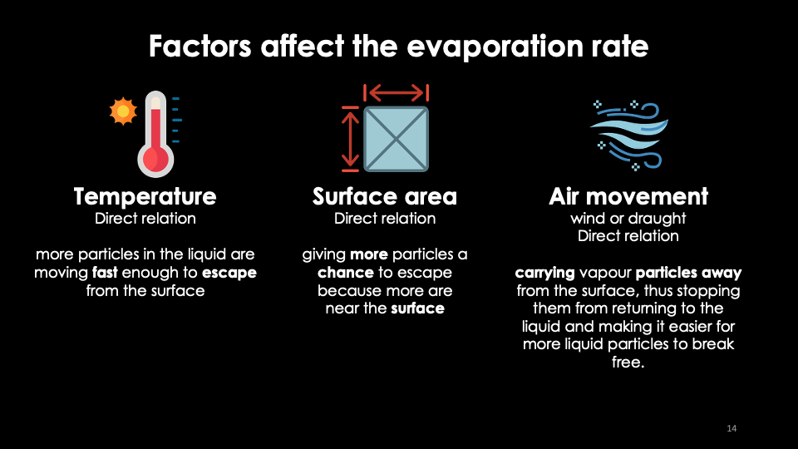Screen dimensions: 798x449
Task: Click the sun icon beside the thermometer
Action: click(x=123, y=111)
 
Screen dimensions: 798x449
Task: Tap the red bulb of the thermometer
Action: click(x=155, y=160)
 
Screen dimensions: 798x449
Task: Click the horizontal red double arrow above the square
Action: click(x=396, y=92)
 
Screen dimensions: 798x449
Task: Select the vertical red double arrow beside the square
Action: click(x=350, y=139)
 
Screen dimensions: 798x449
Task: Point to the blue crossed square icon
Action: click(x=396, y=139)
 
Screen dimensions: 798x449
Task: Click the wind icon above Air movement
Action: click(x=629, y=135)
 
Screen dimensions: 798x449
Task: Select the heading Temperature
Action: click(x=145, y=196)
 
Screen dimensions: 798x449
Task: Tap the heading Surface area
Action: click(x=385, y=196)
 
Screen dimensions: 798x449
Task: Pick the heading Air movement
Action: click(x=628, y=196)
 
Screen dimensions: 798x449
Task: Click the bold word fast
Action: click(x=105, y=273)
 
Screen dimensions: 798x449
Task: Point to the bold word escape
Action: click(x=229, y=273)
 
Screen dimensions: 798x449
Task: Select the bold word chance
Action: click(x=346, y=273)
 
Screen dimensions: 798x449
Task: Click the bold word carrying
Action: click(x=544, y=273)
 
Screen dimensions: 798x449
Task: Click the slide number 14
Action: click(x=731, y=428)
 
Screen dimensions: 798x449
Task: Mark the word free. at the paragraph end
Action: click(x=628, y=362)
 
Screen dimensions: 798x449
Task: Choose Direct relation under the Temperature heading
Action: click(x=145, y=219)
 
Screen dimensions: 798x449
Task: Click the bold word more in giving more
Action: click(x=369, y=254)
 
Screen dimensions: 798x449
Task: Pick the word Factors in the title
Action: click(x=200, y=47)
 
